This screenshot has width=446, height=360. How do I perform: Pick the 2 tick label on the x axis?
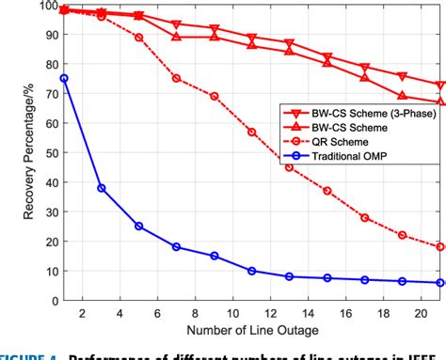[83, 313]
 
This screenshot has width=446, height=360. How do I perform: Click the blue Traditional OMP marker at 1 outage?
[64, 79]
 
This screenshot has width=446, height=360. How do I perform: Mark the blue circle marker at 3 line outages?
[102, 188]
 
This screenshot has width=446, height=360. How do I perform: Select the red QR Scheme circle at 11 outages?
[252, 133]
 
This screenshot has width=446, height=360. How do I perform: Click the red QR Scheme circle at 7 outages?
[177, 79]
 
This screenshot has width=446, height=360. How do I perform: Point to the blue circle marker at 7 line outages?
[177, 246]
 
